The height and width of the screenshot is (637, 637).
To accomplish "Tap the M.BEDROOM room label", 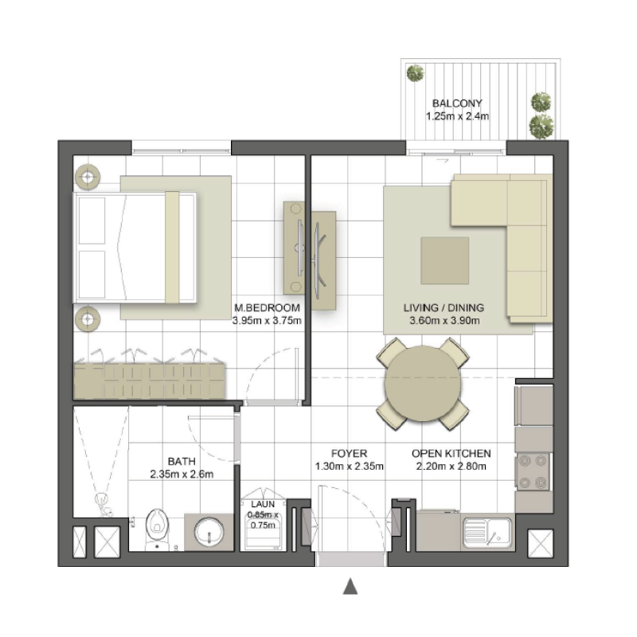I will click(x=267, y=308).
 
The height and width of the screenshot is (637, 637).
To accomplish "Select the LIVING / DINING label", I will click(x=444, y=308).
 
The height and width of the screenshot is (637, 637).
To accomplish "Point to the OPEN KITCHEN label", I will click(x=451, y=453).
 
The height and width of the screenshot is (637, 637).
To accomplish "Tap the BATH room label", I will click(x=183, y=460).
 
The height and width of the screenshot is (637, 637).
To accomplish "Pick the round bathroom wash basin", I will click(x=210, y=531).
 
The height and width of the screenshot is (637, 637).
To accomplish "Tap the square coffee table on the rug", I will click(x=444, y=260).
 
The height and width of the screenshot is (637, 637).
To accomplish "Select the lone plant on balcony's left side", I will click(x=415, y=74).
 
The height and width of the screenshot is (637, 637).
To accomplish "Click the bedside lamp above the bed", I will click(x=86, y=176).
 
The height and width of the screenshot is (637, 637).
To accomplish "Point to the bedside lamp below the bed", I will click(x=86, y=319).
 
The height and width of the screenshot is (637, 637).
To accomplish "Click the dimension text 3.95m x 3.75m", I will click(x=267, y=321).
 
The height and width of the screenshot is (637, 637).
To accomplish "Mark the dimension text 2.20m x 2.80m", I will click(x=451, y=467).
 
